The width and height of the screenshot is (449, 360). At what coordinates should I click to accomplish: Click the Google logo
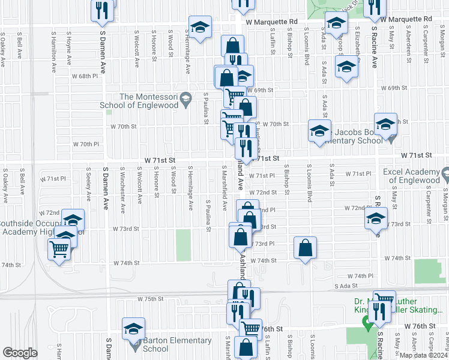[20, 353]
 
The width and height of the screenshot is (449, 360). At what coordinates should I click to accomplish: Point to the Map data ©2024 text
[423, 355]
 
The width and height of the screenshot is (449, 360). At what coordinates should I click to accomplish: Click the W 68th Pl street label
[84, 76]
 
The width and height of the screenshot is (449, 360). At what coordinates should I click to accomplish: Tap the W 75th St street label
[150, 299]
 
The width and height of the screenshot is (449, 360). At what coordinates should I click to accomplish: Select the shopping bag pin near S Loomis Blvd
[305, 248]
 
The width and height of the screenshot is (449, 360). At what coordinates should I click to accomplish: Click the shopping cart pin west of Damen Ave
[59, 248]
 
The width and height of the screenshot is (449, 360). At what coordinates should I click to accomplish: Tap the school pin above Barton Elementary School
[133, 328]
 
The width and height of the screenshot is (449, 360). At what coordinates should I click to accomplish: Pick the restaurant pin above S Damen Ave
[101, 10]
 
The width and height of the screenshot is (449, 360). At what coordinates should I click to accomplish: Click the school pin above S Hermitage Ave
[199, 27]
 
